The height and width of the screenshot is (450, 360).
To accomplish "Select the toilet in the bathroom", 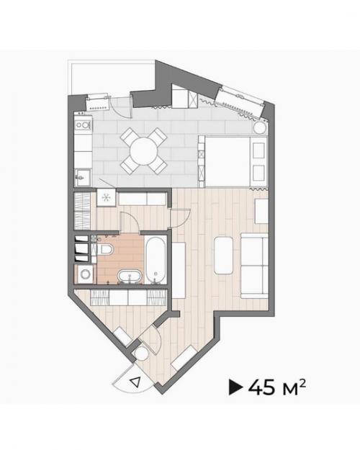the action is click(x=105, y=249).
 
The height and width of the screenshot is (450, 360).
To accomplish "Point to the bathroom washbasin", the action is click(x=130, y=276).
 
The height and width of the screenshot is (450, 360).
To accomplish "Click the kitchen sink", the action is click(x=83, y=177).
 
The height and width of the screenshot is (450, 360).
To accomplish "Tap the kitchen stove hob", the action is click(x=83, y=125).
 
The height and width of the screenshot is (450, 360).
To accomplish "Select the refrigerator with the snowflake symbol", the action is click(x=106, y=197).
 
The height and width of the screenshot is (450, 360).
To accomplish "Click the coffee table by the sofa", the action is click(x=223, y=256).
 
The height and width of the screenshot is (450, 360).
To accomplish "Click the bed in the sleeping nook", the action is click(x=233, y=162).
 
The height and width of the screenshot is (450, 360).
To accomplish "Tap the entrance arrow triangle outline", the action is click(x=135, y=382).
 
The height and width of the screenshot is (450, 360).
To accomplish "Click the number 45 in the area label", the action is click(x=261, y=387).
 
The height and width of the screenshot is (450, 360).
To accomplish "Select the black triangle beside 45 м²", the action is click(x=235, y=387).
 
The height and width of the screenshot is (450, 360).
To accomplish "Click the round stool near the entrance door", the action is click(x=141, y=354).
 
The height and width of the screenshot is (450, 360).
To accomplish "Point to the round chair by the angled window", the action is click(x=261, y=127).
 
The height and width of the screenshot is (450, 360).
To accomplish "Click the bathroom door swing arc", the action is click(x=132, y=217).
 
